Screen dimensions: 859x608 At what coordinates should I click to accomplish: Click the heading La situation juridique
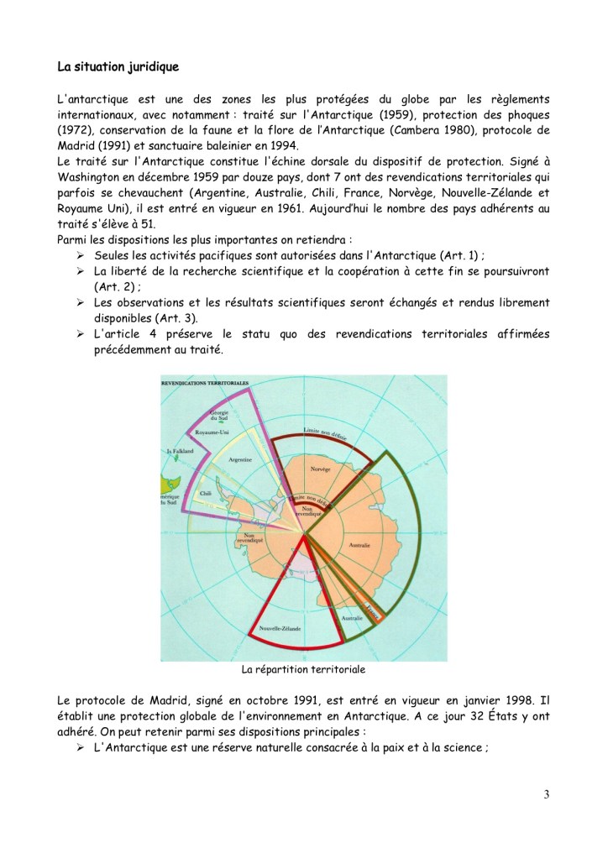coord(118,64)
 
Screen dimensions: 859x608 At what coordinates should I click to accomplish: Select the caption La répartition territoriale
coord(303,670)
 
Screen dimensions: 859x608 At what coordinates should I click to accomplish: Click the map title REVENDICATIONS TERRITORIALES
coord(206,383)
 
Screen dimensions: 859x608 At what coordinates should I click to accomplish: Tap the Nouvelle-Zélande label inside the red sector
coord(280,626)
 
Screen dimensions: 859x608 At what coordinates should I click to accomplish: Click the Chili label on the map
coord(204,494)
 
